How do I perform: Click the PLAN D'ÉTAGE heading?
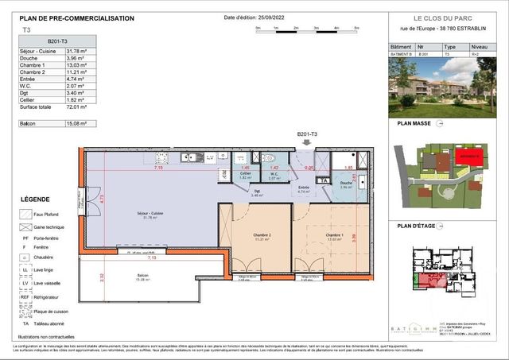click(x=418, y=226)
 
